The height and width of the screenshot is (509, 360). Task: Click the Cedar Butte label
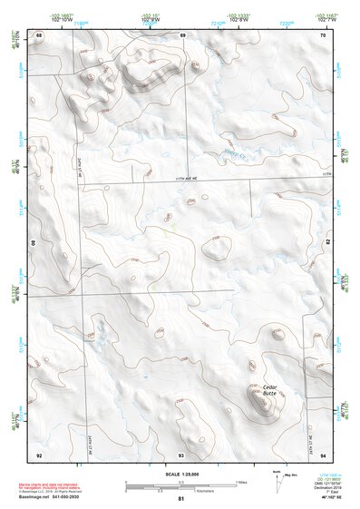coord(270,388)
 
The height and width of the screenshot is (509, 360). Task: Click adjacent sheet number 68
coord(39,34)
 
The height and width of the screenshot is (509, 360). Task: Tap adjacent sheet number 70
coord(322,34)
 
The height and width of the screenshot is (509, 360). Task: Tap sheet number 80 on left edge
coord(35,244)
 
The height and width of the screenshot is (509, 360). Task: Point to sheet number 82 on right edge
coord(326,244)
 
